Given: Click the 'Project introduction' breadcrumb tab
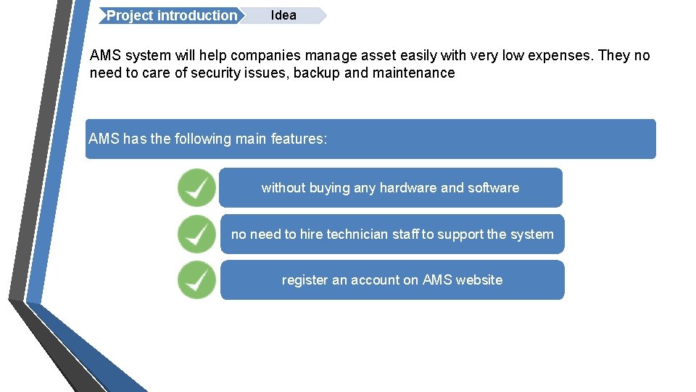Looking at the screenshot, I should [x=171, y=16].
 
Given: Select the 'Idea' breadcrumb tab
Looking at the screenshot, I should [x=283, y=15].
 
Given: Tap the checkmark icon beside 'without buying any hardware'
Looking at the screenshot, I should [x=196, y=188].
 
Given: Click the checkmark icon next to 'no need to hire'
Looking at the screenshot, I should [x=196, y=234].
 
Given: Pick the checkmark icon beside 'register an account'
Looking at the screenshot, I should [x=196, y=280].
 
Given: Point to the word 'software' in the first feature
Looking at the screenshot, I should [x=494, y=188].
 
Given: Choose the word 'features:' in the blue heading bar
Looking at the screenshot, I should [x=299, y=139].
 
